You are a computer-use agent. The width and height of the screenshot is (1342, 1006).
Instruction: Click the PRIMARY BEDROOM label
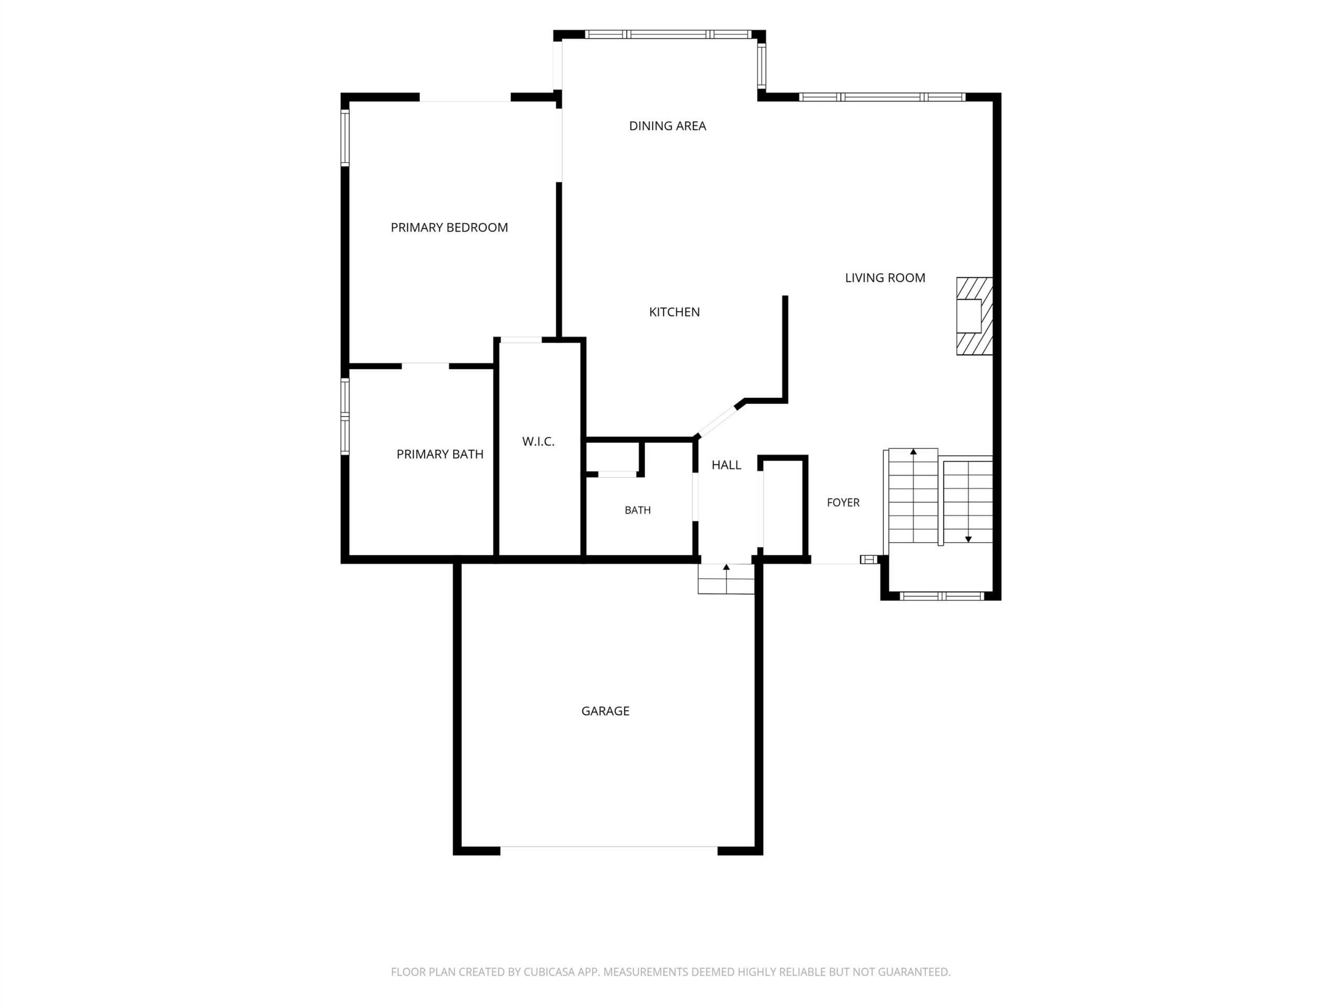[x=449, y=227]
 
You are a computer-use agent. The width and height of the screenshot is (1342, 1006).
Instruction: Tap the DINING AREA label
[x=667, y=126]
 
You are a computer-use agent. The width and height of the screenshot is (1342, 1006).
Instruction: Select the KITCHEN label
[x=674, y=312]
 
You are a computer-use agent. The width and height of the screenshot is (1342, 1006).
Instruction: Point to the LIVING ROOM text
[x=885, y=278]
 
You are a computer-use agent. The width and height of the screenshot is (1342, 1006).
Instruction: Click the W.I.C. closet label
[x=538, y=442]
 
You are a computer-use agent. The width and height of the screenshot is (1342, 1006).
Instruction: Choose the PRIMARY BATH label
[x=440, y=454]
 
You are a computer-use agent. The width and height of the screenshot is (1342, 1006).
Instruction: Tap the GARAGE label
[x=605, y=710]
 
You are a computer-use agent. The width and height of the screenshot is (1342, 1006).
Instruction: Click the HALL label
[x=726, y=465]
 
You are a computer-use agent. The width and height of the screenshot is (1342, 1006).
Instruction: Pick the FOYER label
[x=843, y=502]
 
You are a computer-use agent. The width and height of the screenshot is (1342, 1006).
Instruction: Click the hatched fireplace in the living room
[x=975, y=316]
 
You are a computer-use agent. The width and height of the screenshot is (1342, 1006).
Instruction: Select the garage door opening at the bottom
[x=609, y=847]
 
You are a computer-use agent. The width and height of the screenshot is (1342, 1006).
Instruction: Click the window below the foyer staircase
[x=941, y=596]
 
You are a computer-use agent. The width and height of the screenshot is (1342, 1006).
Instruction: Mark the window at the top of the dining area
[x=668, y=35]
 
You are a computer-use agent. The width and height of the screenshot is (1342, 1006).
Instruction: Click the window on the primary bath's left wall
[x=344, y=417]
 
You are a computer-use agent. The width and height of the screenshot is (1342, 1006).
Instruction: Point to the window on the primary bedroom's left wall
[x=344, y=138]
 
